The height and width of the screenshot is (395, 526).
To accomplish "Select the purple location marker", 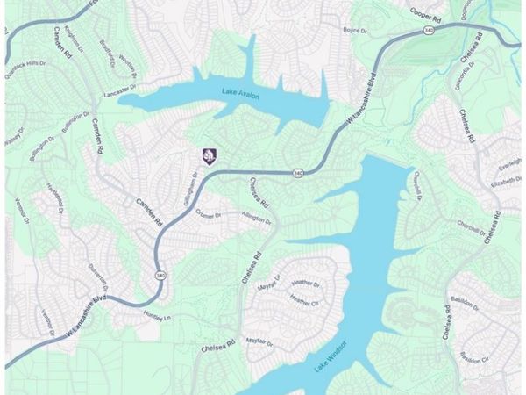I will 209,155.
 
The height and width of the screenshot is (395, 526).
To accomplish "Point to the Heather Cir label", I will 305,300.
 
